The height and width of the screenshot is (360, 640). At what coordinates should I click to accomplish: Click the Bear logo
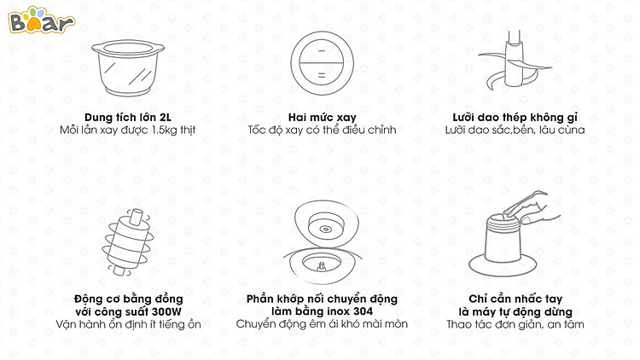[x=41, y=20]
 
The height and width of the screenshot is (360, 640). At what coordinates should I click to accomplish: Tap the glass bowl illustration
[x=128, y=68]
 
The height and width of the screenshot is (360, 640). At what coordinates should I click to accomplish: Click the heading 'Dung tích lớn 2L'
[x=128, y=118]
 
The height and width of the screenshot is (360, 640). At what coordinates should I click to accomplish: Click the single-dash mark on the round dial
[x=322, y=50]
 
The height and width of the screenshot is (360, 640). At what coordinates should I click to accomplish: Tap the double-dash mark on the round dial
[x=322, y=76]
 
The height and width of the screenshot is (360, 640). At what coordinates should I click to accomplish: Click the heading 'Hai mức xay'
[x=322, y=118]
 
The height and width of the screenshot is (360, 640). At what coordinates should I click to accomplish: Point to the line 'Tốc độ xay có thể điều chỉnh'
[x=322, y=131]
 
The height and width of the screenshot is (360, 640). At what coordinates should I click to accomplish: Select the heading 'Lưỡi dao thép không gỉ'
[x=515, y=118]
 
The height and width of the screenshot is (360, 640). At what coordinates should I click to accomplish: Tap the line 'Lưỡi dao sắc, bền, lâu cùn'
[x=515, y=131]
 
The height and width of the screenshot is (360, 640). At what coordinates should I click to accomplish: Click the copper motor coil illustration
[x=128, y=242]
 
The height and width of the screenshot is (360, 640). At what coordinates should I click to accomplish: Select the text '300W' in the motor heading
[x=166, y=312]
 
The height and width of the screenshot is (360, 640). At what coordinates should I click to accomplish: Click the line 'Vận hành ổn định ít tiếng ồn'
[x=128, y=324]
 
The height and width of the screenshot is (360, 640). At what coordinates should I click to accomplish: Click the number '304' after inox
[x=363, y=311]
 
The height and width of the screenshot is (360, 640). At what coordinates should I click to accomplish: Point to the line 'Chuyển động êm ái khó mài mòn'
[x=322, y=324]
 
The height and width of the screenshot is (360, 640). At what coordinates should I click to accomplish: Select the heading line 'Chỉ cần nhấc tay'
[x=515, y=299]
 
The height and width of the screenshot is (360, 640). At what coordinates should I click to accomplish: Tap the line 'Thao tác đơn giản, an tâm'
[x=515, y=324]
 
